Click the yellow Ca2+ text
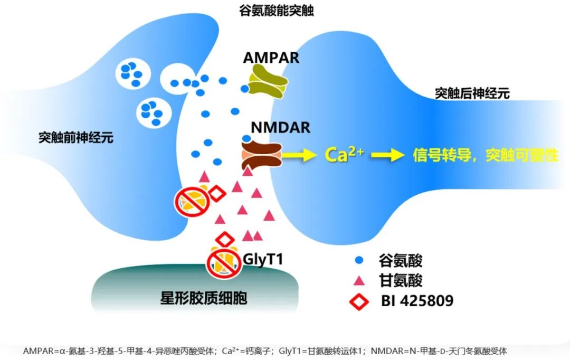(343, 155)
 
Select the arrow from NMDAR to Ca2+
(297, 155)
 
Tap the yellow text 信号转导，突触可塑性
(485, 155)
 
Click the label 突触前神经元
(76, 138)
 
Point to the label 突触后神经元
(472, 94)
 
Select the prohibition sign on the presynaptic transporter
(191, 200)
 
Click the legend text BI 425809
(417, 301)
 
